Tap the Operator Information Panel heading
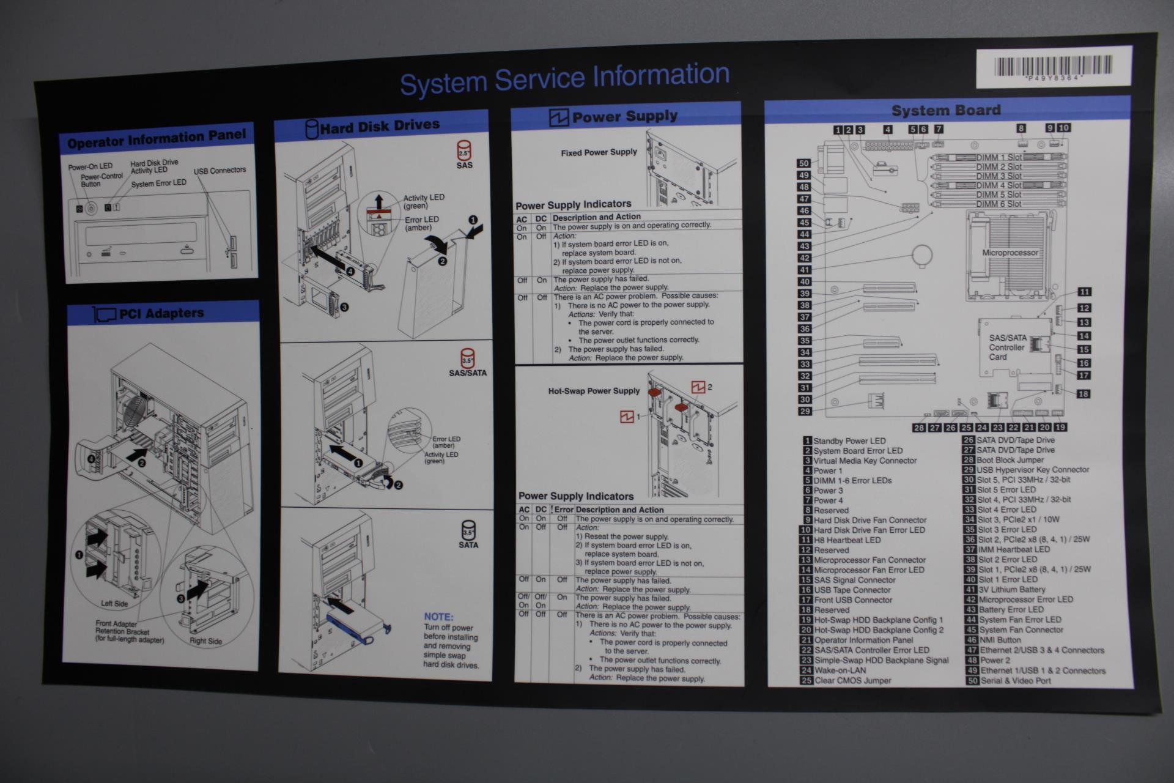pos(157,138)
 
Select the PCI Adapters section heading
pos(161,314)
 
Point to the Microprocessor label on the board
pos(1010,253)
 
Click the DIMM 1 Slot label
pos(998,158)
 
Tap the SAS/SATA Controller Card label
pos(1007,347)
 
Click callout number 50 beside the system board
pos(804,163)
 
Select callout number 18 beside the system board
pos(1083,394)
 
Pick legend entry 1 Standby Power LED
pos(849,441)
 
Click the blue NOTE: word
pos(438,617)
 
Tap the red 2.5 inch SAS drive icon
pos(464,151)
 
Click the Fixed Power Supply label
pos(599,152)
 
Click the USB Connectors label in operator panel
pos(220,171)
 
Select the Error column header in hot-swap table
pos(563,510)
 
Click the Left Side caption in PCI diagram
pos(114,604)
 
